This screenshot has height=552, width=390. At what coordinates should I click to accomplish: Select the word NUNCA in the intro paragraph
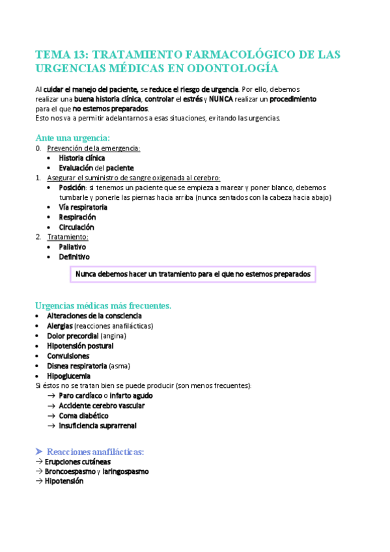221,99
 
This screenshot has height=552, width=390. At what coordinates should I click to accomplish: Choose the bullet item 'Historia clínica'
81,158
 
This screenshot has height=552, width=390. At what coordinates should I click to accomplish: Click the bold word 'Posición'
72,187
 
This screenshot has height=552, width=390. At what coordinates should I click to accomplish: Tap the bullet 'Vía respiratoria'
83,207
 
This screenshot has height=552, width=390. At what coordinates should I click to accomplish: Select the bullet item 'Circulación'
76,227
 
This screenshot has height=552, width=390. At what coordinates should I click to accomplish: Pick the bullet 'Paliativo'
72,247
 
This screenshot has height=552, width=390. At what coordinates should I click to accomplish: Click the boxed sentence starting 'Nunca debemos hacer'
193,275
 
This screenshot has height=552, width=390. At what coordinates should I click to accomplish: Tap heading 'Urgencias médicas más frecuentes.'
103,305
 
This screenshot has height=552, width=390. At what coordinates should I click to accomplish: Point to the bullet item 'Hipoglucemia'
68,376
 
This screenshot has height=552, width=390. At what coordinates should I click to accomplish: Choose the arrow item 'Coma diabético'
83,415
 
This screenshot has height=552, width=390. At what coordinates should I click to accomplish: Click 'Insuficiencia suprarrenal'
97,426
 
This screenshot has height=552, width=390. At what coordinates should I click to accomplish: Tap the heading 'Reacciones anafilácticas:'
95,451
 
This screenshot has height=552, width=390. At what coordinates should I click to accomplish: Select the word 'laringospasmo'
125,471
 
